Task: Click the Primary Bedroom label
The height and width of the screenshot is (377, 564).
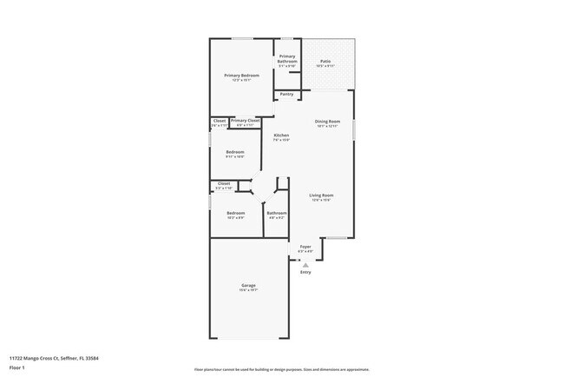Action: coord(242,76)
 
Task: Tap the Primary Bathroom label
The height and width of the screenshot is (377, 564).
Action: coord(287,57)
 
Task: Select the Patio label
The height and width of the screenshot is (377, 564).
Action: coord(325,62)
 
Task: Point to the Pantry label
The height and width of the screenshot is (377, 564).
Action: coord(286,94)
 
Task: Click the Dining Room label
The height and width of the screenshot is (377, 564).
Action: coord(327,122)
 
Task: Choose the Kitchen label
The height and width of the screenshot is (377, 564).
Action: coord(281,136)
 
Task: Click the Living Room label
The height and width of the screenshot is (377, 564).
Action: coord(322,195)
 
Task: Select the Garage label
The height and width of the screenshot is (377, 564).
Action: coord(249,286)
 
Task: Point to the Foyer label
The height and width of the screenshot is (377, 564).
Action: coord(305,247)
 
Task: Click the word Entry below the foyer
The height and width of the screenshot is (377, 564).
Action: coord(305,272)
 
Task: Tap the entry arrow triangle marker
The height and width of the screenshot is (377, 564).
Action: coord(305,264)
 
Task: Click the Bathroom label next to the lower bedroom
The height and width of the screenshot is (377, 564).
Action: coord(277,213)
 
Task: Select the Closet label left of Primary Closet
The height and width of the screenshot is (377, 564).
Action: coord(220,121)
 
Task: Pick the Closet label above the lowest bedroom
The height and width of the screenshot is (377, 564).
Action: coord(224,183)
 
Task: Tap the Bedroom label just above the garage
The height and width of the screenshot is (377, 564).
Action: coord(236,213)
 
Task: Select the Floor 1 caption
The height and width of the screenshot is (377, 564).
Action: coord(17,367)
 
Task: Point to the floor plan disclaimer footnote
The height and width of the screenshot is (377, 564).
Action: coord(281,368)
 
